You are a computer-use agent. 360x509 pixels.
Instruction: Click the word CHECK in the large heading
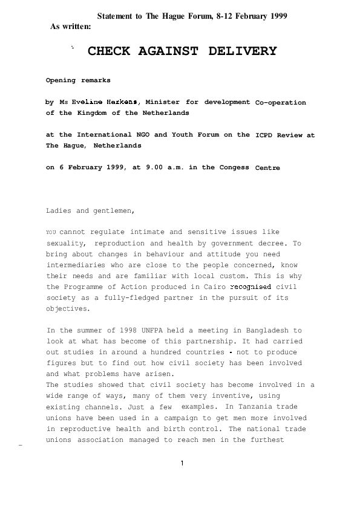(109, 51)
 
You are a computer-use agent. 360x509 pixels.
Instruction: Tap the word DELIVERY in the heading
(243, 51)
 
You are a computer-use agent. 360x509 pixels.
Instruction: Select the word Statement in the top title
(115, 16)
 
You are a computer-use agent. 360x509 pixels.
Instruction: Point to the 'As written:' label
(71, 27)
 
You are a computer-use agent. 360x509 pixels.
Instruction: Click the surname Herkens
(122, 102)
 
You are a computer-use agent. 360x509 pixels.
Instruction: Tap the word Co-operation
(280, 103)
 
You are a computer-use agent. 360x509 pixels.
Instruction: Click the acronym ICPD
(264, 135)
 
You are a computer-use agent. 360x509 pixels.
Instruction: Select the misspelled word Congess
(234, 167)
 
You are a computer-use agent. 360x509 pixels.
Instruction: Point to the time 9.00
(154, 167)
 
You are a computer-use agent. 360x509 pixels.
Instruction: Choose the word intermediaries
(76, 265)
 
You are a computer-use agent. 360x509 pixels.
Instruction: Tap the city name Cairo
(215, 287)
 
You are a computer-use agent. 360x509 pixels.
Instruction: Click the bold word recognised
(250, 287)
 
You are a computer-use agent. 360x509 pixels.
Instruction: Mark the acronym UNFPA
(152, 331)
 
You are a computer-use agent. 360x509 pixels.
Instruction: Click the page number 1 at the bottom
(182, 463)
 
